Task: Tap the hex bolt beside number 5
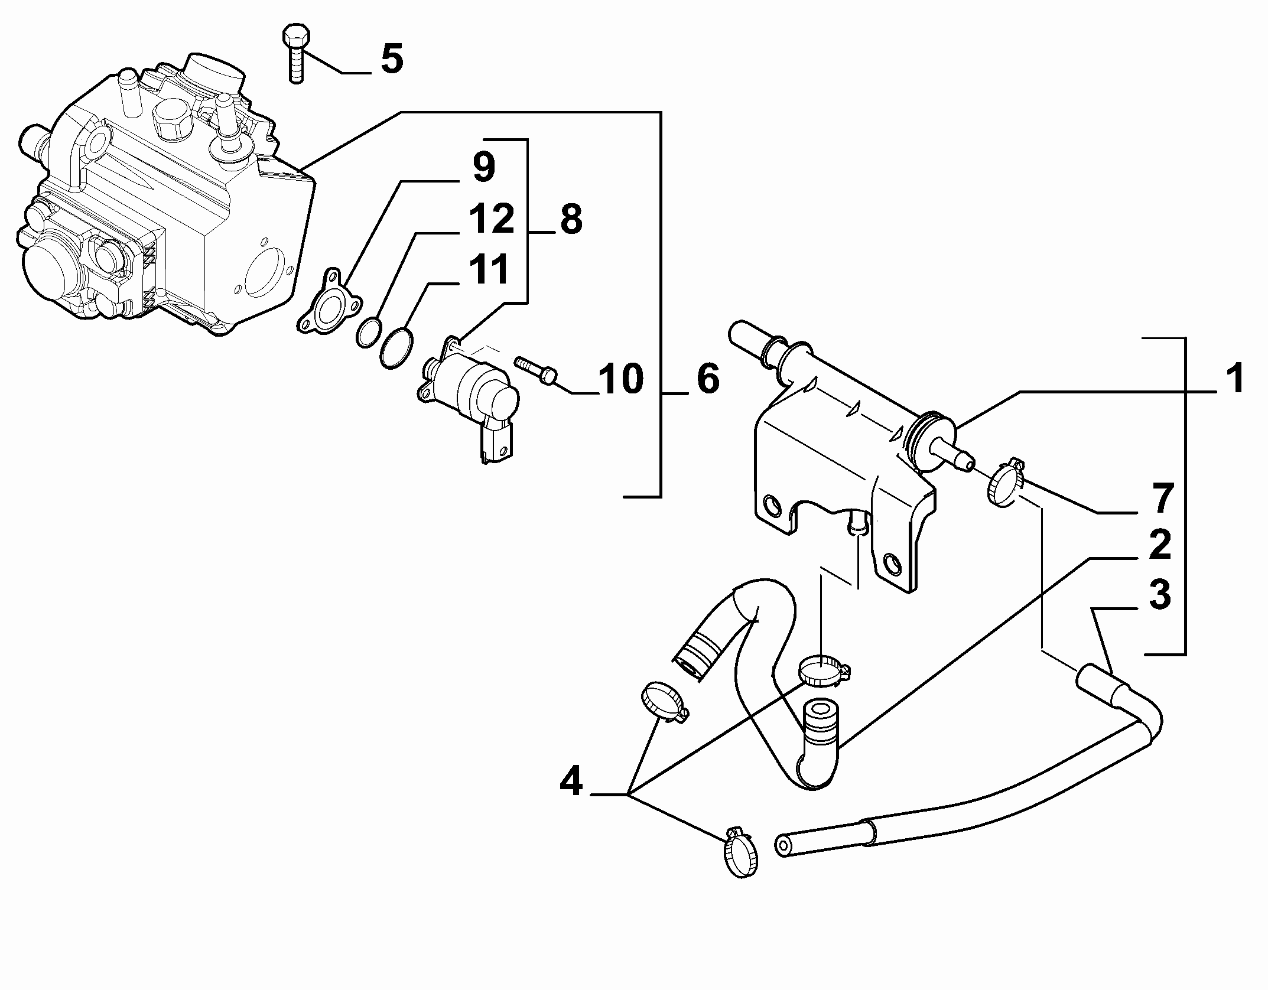[295, 54]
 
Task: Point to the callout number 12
[492, 219]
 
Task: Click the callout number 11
[489, 269]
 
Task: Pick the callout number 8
[571, 220]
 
